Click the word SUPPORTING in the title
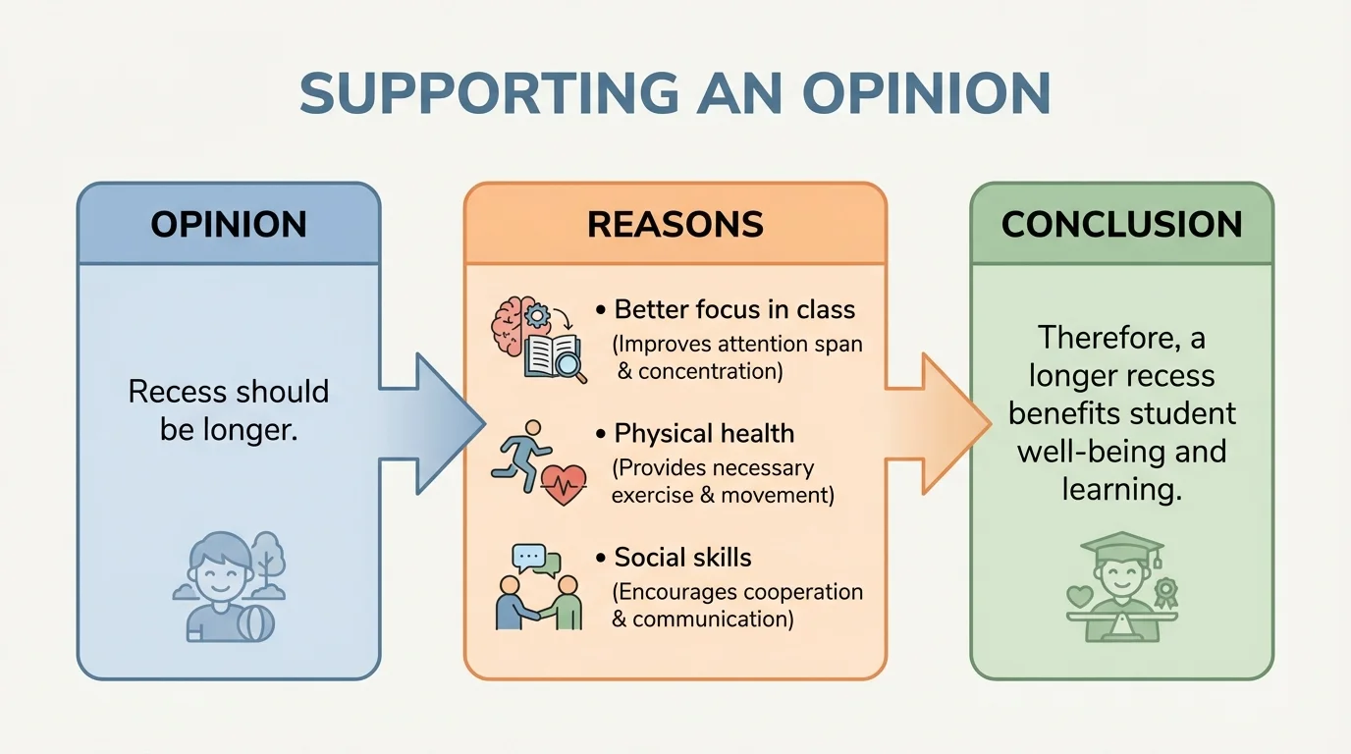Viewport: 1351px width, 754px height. coord(488,94)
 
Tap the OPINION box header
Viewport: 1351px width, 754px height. coord(228,225)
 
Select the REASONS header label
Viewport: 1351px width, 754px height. coord(675,225)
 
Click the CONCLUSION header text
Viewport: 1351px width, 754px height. coord(1121,225)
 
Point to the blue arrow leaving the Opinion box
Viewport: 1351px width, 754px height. coord(432,423)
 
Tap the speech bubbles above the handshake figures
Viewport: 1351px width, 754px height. coord(536,559)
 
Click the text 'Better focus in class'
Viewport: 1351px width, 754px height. coord(734,310)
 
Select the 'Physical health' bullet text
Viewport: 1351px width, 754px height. coord(704,434)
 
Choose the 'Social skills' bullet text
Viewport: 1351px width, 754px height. coord(682,558)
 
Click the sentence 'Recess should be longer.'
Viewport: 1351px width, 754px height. coord(228,410)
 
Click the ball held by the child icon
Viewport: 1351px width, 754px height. coord(256,620)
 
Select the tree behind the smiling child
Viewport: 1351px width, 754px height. coord(266,556)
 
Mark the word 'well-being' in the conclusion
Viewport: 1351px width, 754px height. coord(1094,452)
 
